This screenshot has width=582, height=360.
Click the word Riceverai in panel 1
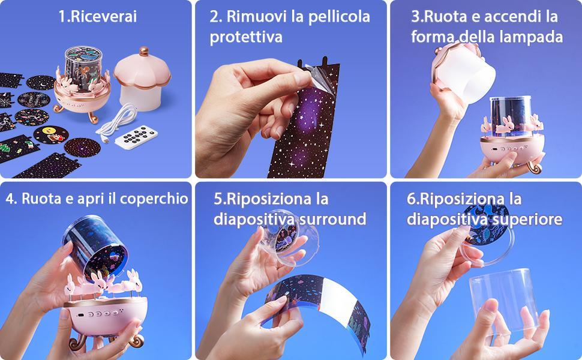click(x=103, y=17)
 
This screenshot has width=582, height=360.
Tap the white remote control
click(x=136, y=137)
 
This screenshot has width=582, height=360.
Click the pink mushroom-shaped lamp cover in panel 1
click(x=142, y=79)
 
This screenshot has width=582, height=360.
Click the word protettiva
click(x=246, y=37)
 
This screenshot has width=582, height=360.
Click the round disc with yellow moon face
click(x=51, y=134)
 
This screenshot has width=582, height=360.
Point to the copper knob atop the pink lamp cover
click(x=144, y=51)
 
